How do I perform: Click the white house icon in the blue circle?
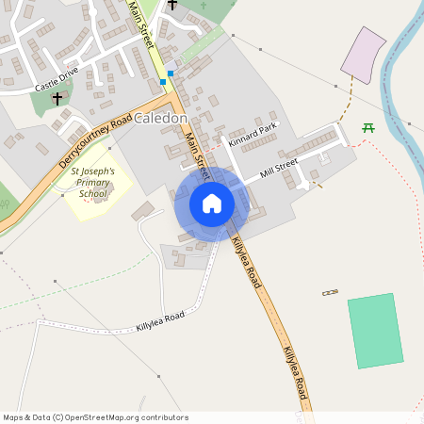coord(212,204)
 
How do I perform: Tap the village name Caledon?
coord(161,120)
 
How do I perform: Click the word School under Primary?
coord(93,194)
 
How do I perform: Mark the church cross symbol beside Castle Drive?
coord(57,97)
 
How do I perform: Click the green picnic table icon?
coord(368,127)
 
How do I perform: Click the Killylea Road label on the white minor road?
coord(159,323)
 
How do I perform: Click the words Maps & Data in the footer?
coord(25,416)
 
